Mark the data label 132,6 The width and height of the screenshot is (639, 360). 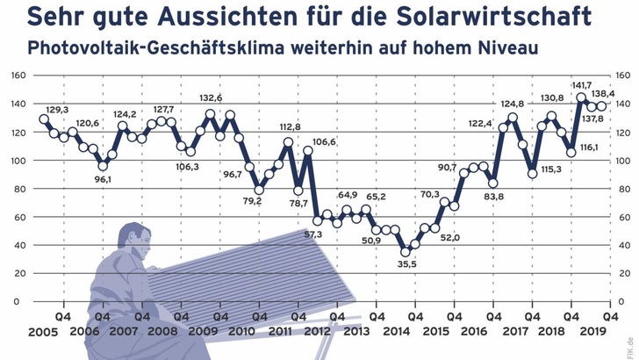point(211,98)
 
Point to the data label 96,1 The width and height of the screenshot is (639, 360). point(103,179)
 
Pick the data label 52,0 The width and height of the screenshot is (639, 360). point(450,236)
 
